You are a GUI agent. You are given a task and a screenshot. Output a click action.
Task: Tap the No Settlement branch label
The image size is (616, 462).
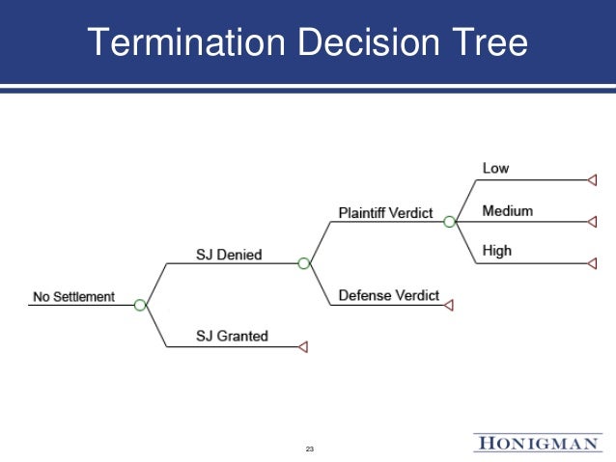tap(73, 297)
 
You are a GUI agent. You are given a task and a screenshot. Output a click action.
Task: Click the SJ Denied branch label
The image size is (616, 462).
tap(229, 255)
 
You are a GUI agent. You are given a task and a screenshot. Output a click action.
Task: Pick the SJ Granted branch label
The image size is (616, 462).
tap(233, 337)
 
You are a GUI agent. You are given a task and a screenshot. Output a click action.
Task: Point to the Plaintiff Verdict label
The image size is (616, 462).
tap(385, 212)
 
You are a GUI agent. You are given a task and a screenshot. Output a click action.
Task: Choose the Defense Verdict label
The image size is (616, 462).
tap(388, 296)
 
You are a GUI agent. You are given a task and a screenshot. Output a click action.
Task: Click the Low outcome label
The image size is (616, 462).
tap(495, 169)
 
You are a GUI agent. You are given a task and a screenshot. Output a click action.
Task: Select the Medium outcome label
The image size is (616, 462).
tap(507, 211)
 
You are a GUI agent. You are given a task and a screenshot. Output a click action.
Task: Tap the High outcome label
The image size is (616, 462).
tap(497, 252)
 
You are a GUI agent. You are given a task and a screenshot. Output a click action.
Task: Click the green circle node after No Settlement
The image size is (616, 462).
tap(141, 305)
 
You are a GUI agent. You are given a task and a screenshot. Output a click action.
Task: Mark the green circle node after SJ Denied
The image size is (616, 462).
tap(304, 262)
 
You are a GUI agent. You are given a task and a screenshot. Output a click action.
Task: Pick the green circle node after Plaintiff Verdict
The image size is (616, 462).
tap(449, 222)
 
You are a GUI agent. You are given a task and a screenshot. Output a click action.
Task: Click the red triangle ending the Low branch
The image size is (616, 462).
tap(592, 179)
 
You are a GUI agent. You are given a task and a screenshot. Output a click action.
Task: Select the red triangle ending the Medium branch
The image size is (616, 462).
tap(592, 222)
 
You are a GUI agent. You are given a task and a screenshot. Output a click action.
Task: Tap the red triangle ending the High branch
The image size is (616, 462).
tap(592, 262)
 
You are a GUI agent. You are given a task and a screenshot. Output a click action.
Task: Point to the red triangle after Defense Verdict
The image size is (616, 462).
tap(448, 305)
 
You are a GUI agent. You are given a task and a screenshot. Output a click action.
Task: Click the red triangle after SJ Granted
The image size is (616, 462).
tap(302, 346)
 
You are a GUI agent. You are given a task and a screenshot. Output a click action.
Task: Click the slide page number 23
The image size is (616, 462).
tap(310, 450)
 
